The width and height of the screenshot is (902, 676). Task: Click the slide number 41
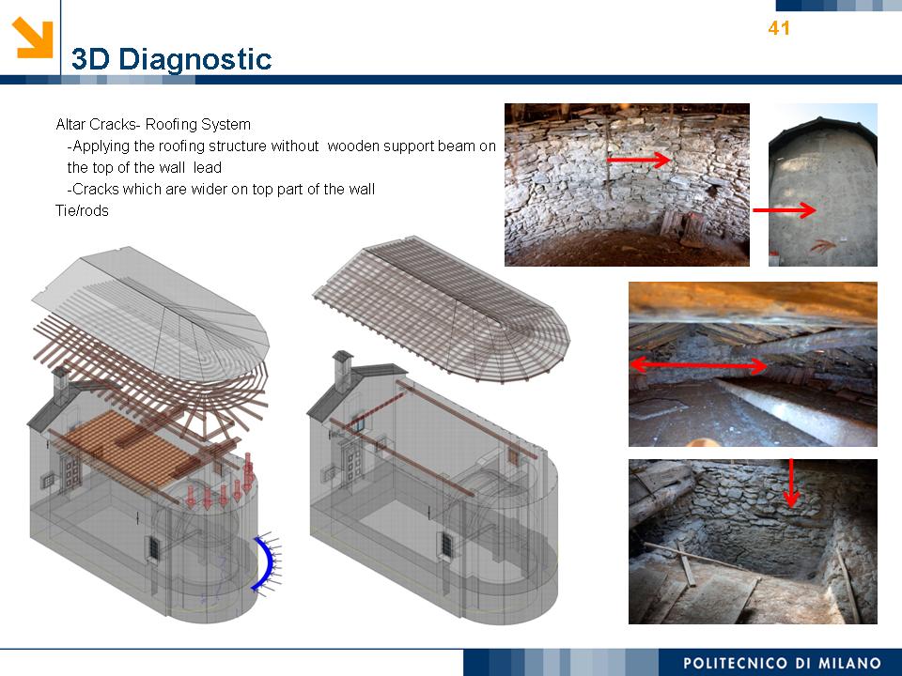point(779,28)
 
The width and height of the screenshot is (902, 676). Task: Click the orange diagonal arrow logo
point(33,38)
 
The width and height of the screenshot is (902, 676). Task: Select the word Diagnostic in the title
point(195,59)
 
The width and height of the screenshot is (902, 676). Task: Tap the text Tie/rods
point(83,210)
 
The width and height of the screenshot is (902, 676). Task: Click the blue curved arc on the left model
point(270,563)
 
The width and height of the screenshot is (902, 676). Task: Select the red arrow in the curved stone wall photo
point(639,160)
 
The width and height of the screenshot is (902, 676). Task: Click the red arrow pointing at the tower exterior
point(785,210)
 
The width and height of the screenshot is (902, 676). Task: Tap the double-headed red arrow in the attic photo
point(698,365)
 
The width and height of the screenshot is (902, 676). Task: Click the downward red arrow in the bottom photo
point(791,483)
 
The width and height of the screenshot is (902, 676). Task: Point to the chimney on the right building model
point(343,371)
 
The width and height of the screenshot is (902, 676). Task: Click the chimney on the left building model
point(60,386)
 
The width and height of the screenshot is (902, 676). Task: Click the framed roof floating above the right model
point(442,309)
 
